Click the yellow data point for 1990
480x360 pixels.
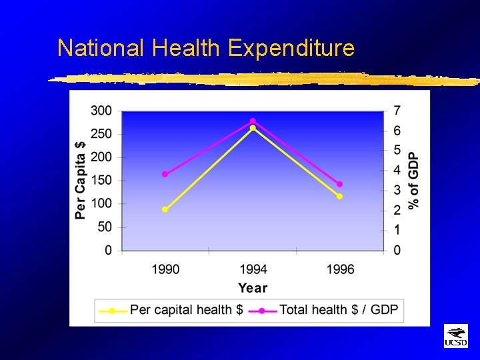pos(165,209)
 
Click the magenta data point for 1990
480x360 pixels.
pos(165,174)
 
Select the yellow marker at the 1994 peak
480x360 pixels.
pos(253,128)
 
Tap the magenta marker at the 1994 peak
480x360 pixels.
pos(253,121)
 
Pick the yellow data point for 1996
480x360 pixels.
pos(339,196)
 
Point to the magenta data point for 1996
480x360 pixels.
pos(339,184)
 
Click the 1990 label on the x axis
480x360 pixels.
pos(165,269)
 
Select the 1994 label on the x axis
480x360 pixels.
pos(253,269)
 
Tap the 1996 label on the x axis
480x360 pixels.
pos(340,269)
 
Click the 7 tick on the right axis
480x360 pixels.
pos(397,110)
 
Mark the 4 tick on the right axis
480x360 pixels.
pos(397,171)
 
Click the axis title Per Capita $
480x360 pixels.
pos(81,180)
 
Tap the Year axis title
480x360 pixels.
pos(253,288)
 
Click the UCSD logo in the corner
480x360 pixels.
pos(456,337)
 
